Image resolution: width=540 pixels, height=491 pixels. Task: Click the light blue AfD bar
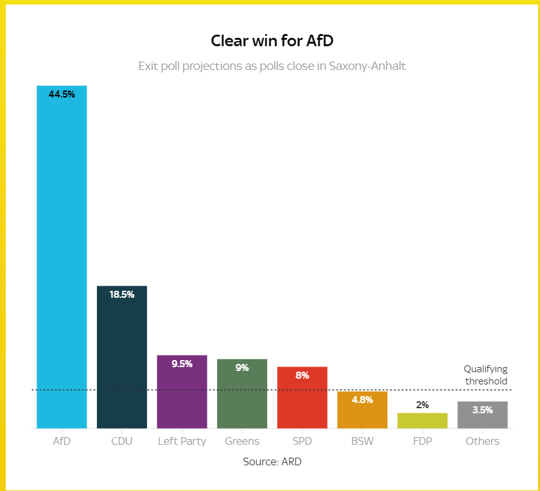62,257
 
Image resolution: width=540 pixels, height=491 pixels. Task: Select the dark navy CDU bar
122,357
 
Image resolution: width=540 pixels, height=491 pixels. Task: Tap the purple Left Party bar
182,392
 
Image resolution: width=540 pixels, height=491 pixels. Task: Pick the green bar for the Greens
242,393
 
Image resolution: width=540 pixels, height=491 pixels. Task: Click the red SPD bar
302,398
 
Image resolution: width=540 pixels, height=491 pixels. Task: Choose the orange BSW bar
362,409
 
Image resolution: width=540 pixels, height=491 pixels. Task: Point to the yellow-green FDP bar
422,421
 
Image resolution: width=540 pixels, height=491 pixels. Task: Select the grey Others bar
482,415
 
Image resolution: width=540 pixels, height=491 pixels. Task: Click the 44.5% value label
62,94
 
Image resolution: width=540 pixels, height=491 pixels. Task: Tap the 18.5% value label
122,295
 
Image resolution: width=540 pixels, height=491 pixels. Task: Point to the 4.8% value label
362,400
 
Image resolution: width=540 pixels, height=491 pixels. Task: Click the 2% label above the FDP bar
422,405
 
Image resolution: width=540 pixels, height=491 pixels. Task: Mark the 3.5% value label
482,410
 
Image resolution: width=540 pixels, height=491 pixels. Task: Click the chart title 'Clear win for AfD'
272,40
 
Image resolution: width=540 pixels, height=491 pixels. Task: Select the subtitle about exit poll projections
272,65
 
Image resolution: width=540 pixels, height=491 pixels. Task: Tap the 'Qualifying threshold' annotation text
486,375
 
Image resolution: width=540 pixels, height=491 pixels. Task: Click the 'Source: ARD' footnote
272,461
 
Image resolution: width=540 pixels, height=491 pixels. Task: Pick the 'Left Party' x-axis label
182,442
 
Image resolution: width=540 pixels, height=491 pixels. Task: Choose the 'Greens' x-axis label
242,441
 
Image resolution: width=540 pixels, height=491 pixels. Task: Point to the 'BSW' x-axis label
362,441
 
